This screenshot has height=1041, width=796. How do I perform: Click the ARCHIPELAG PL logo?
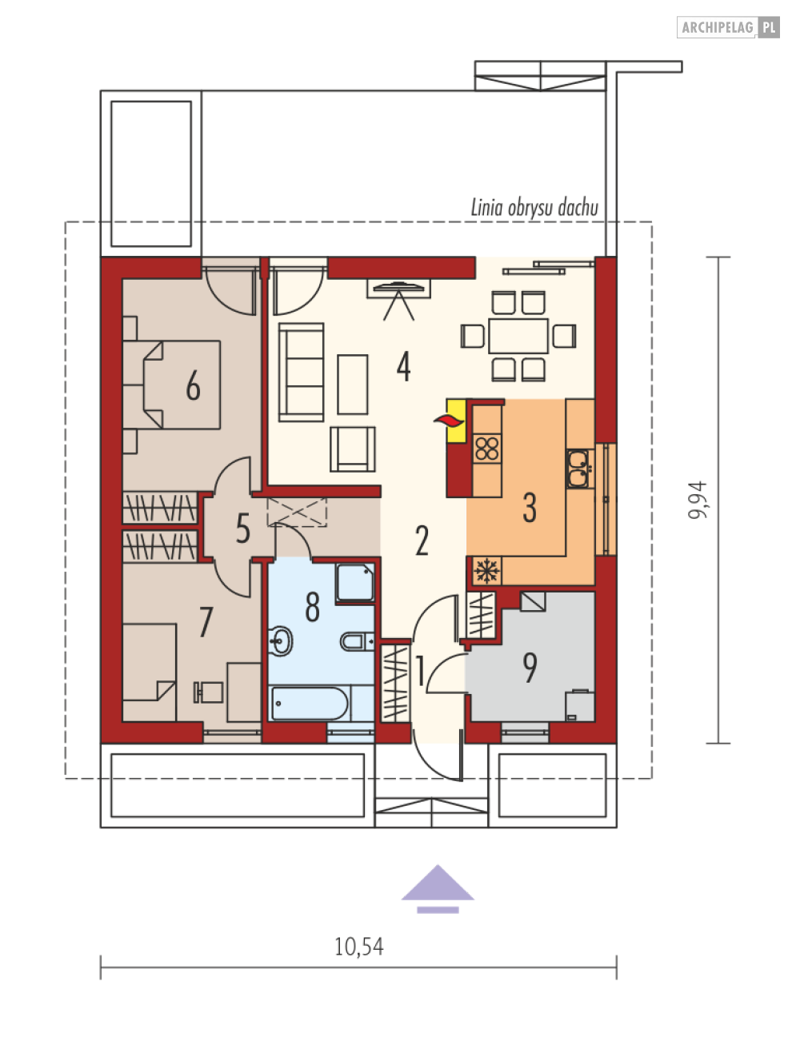click(x=728, y=27)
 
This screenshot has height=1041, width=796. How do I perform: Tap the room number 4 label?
click(x=403, y=366)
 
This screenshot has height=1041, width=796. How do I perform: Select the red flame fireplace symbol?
click(x=449, y=421)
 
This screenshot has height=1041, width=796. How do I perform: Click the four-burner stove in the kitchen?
click(x=486, y=449)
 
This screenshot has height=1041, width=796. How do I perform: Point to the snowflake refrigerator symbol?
click(x=486, y=571)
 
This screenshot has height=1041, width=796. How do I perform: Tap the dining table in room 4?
click(x=518, y=336)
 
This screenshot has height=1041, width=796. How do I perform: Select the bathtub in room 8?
click(x=310, y=704)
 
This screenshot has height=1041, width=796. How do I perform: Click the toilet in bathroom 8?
click(x=357, y=642)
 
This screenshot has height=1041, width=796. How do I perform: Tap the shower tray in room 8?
click(x=355, y=584)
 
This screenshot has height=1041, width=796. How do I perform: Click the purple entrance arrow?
click(x=438, y=889)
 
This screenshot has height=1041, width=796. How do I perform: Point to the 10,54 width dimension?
click(x=358, y=947)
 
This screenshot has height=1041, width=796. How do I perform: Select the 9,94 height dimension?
click(x=697, y=500)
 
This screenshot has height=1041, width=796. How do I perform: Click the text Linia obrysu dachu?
click(x=534, y=207)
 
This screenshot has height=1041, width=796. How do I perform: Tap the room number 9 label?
click(x=530, y=668)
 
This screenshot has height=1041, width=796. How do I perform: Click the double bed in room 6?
click(x=171, y=385)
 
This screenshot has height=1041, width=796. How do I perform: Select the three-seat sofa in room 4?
click(x=302, y=372)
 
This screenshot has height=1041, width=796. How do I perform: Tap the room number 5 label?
click(x=242, y=528)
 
